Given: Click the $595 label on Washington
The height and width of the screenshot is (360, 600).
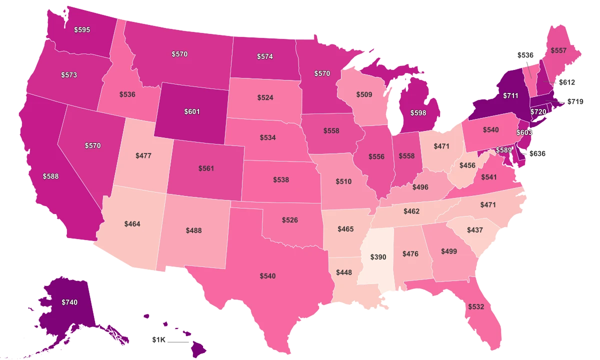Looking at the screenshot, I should click(81, 29).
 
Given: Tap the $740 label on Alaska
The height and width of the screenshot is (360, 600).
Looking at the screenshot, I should click(69, 302).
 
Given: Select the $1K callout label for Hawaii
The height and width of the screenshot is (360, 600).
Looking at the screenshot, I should click(158, 339).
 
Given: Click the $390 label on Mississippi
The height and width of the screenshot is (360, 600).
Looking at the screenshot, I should click(378, 257).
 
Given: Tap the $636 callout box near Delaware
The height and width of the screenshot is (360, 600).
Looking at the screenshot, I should click(538, 154).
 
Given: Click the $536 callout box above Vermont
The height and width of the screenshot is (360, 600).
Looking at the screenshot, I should click(525, 55).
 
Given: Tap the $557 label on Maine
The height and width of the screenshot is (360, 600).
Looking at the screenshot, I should click(558, 50).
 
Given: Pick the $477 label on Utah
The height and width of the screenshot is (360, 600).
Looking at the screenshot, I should click(143, 155).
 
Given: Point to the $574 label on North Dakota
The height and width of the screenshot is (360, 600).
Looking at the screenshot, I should click(264, 56).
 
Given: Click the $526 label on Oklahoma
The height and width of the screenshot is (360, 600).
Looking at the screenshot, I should click(290, 220).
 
